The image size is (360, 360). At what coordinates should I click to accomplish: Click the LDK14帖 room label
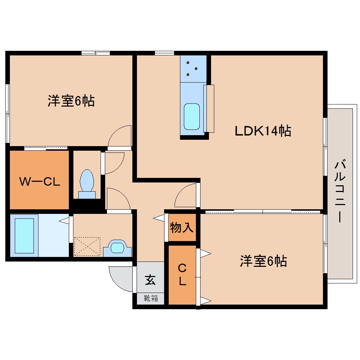pyautogui.click(x=263, y=131)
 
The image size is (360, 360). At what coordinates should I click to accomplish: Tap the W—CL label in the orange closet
pyautogui.click(x=39, y=182)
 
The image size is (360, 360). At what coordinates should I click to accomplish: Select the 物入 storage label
pyautogui.click(x=182, y=228)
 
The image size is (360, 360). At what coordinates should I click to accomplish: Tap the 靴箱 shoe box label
pyautogui.click(x=151, y=299)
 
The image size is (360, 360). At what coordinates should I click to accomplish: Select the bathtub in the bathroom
pyautogui.click(x=24, y=235)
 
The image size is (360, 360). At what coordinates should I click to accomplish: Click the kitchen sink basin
pyautogui.click(x=192, y=116)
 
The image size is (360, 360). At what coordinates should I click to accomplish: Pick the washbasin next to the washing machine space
pyautogui.click(x=118, y=247)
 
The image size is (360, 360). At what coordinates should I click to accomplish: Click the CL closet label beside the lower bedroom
pyautogui.click(x=182, y=275)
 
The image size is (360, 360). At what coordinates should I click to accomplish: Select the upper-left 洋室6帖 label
pyautogui.click(x=71, y=102)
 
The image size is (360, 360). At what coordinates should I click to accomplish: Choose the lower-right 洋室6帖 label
pyautogui.click(x=263, y=262)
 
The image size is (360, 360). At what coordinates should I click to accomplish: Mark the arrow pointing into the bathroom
pyautogui.click(x=64, y=221)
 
